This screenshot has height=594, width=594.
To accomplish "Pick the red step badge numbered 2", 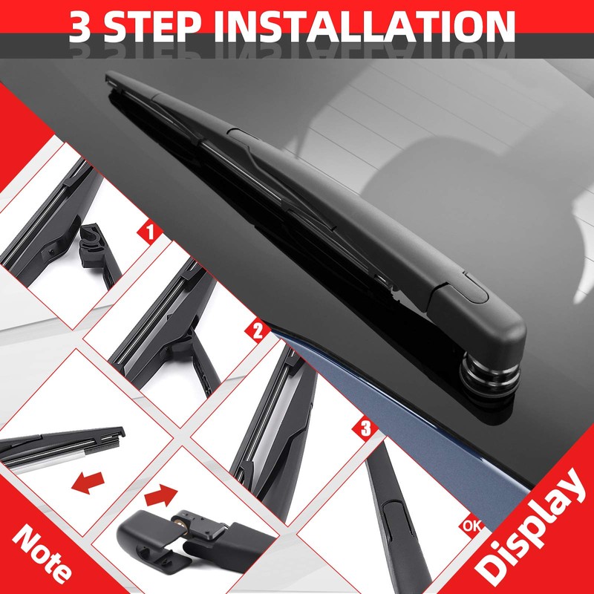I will (x=258, y=330).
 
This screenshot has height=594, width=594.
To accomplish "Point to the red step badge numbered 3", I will (x=365, y=428).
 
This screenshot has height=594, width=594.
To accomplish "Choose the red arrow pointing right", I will (x=161, y=492).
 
